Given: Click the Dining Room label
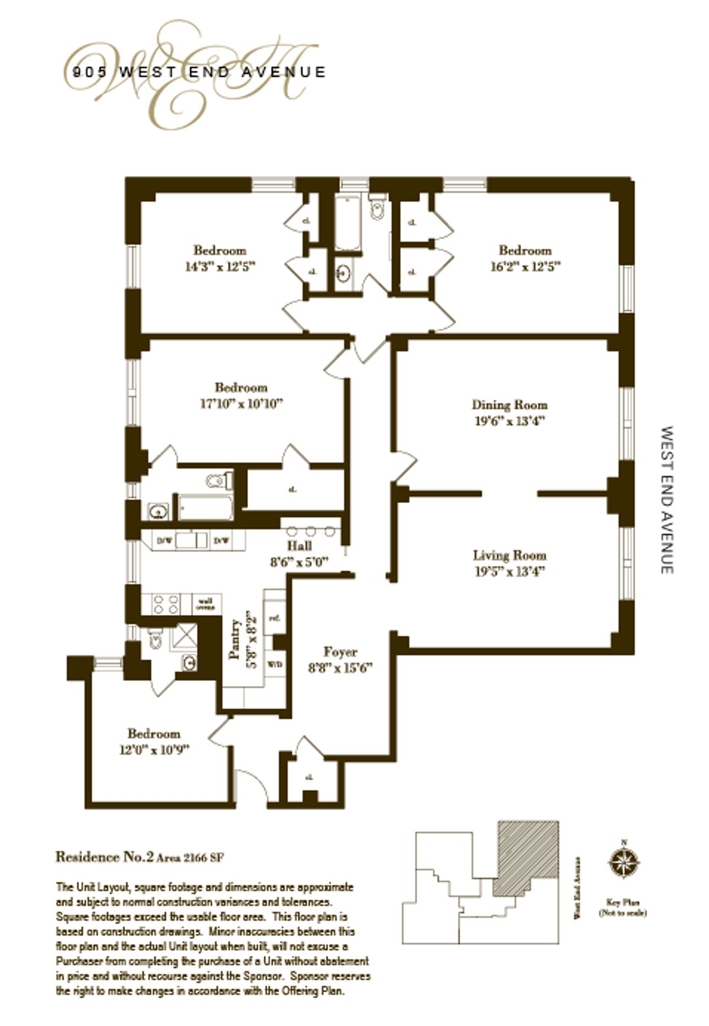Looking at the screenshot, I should pyautogui.click(x=509, y=405).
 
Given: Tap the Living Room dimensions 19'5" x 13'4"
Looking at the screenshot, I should pyautogui.click(x=509, y=572).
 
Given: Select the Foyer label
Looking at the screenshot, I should pyautogui.click(x=340, y=652).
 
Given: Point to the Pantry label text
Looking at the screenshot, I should pyautogui.click(x=236, y=640).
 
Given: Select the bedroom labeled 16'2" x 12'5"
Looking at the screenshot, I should pyautogui.click(x=525, y=258).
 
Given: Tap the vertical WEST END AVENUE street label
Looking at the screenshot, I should pyautogui.click(x=666, y=500).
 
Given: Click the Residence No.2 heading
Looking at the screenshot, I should pyautogui.click(x=104, y=856).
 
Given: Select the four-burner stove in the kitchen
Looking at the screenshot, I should pyautogui.click(x=166, y=604).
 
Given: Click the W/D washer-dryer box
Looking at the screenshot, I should pyautogui.click(x=275, y=665).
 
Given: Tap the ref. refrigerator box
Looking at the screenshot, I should pyautogui.click(x=274, y=618).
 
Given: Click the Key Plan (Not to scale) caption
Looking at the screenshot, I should pyautogui.click(x=623, y=908).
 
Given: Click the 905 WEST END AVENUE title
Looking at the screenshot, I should pyautogui.click(x=199, y=72).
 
